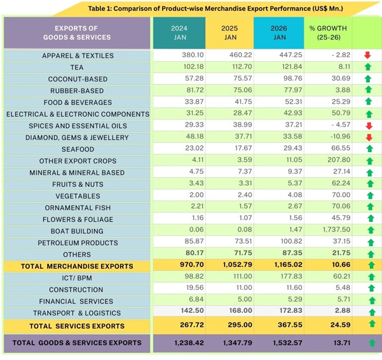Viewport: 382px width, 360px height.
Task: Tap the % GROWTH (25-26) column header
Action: pyautogui.click(x=327, y=32)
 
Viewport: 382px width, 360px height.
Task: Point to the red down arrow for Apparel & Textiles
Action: pyautogui.click(x=367, y=55)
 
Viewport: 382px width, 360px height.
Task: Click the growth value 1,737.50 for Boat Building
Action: pyautogui.click(x=327, y=231)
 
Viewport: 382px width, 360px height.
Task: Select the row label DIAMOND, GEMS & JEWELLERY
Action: pyautogui.click(x=78, y=137)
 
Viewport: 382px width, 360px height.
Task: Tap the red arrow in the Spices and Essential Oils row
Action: pyautogui.click(x=367, y=126)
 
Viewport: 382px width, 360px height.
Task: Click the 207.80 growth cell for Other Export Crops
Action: pyautogui.click(x=327, y=161)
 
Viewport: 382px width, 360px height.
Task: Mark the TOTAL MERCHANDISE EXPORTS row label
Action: pyautogui.click(x=77, y=266)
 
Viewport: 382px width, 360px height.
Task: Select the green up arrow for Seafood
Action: pyautogui.click(x=367, y=149)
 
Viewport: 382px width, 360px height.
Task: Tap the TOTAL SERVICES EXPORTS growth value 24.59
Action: pyautogui.click(x=327, y=325)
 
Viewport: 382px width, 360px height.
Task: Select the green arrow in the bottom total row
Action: pyautogui.click(x=372, y=343)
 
